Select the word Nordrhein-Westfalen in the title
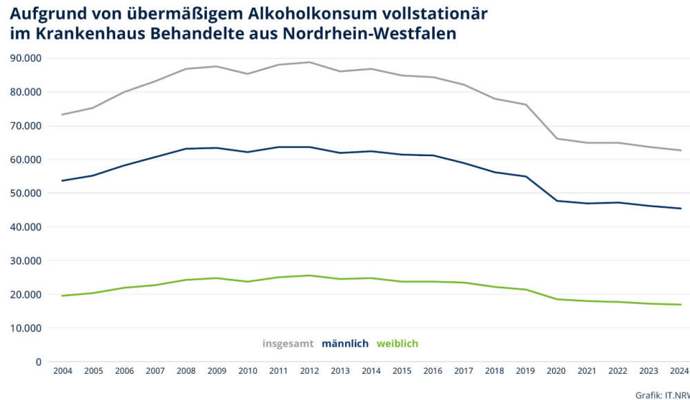[x=370, y=35]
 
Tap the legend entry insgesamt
[x=288, y=343]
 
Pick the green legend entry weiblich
[x=397, y=343]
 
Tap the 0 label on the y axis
[x=39, y=362]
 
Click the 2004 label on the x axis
[x=62, y=372]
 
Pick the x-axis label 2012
[x=308, y=372]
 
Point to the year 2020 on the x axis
[x=556, y=372]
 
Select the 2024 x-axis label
[x=679, y=372]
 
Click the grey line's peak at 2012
[x=308, y=62]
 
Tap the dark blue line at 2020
[x=556, y=201]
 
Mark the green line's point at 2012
[x=308, y=276]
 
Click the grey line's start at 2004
[x=62, y=115]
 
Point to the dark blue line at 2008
[x=186, y=149]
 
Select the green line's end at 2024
[x=681, y=305]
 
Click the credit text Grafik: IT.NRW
[x=662, y=394]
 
